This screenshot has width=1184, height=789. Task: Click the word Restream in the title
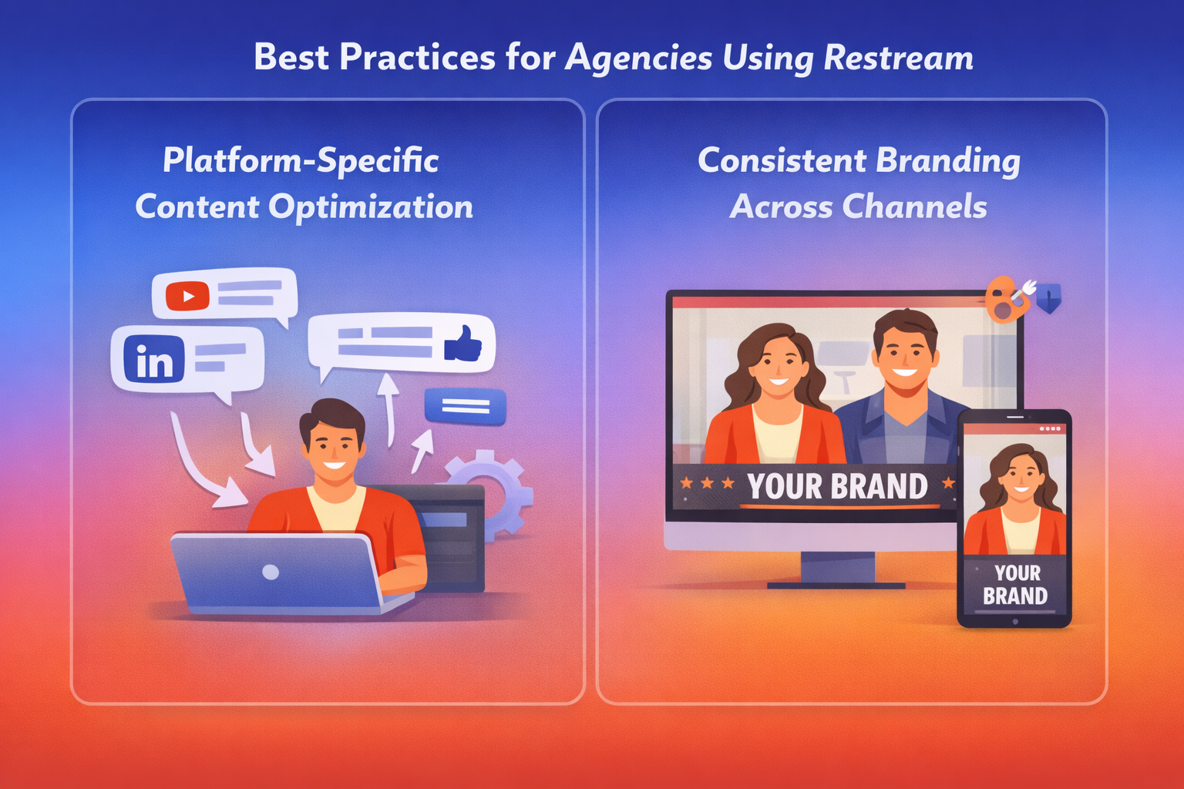898,57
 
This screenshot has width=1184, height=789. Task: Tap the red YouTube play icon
187,296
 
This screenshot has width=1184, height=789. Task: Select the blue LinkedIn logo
154,359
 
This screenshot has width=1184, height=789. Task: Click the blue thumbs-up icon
463,344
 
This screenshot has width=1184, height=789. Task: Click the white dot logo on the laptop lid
271,572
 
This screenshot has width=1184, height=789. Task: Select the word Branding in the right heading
947,161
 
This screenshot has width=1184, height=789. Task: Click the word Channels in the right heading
914,206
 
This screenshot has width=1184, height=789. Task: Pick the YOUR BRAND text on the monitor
837,486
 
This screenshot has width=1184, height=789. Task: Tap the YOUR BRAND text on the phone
1015,585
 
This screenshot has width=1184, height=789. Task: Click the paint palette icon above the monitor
1007,299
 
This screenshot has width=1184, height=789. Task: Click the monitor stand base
836,585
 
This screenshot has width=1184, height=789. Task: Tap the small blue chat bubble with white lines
465,406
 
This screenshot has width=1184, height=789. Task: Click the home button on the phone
1015,622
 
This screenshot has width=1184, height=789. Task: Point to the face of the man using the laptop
334,450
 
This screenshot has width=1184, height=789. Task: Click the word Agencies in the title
638,58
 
